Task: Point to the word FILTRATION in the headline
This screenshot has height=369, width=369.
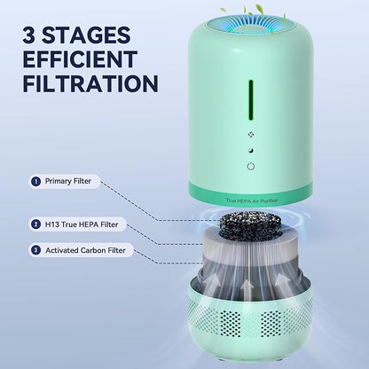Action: (x=88, y=83)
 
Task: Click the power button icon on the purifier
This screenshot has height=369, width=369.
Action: (x=251, y=165)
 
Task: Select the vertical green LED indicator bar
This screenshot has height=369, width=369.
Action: (x=251, y=98)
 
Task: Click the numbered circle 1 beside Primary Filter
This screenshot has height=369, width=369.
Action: (x=36, y=181)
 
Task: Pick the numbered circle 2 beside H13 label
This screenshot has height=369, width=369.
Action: (x=36, y=224)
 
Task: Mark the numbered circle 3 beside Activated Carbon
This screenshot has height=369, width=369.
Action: (x=36, y=250)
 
